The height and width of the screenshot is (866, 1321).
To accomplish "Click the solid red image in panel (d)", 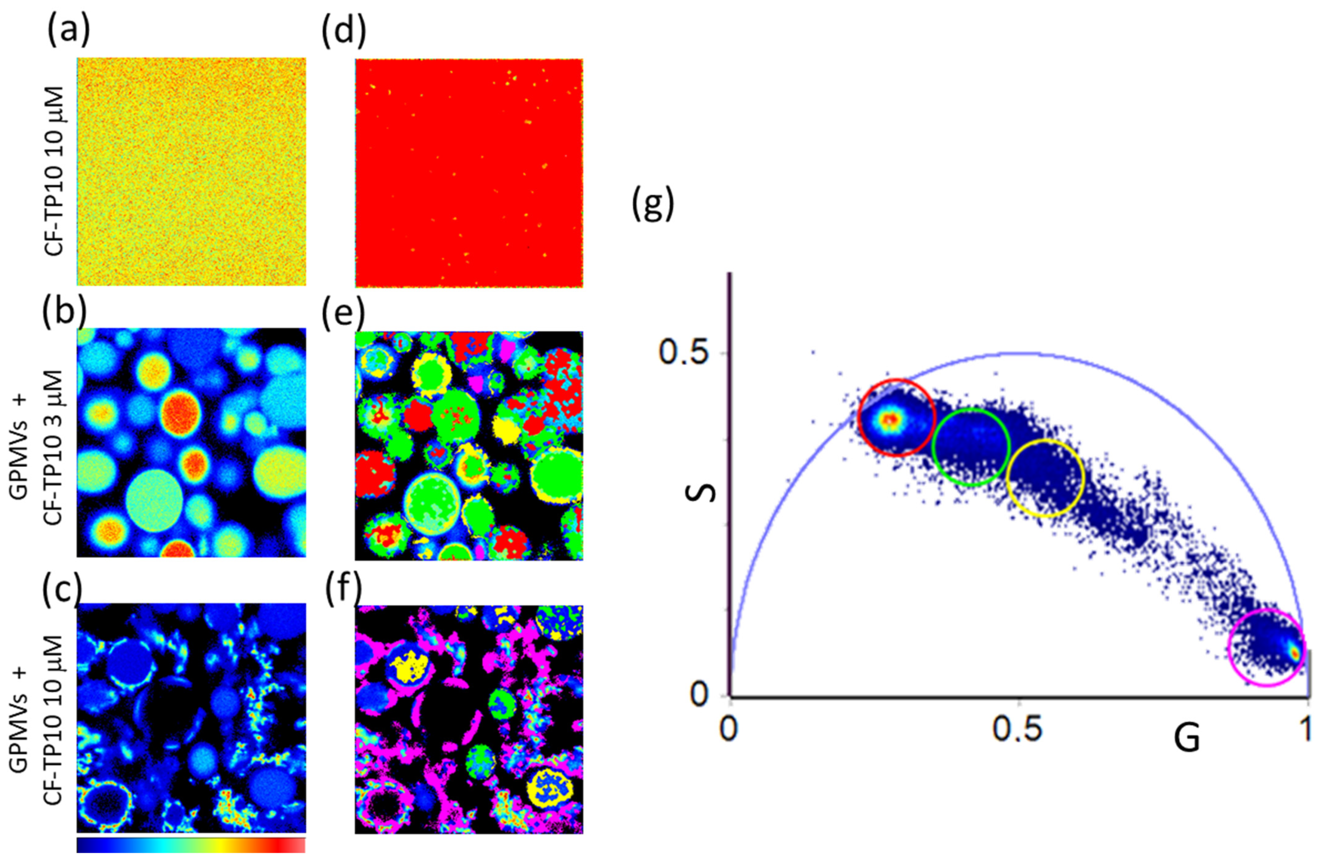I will click(469, 172).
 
